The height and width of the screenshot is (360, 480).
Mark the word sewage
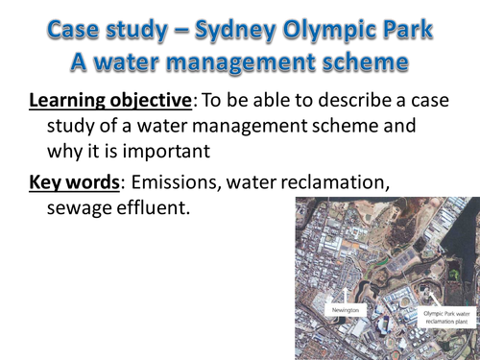tap(81, 206)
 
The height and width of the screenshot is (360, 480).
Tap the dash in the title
tap(173, 29)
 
